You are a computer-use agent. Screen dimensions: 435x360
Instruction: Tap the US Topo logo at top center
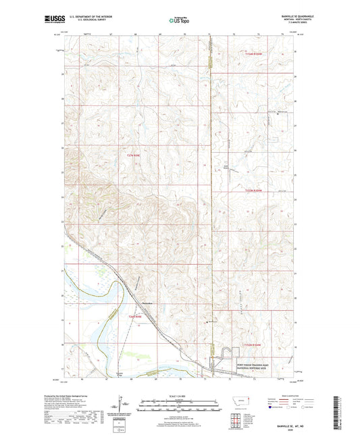[x=179, y=20]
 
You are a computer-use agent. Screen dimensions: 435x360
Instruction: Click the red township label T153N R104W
[x=254, y=191]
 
